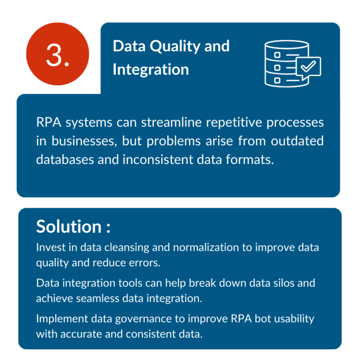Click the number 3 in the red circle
[x=55, y=55]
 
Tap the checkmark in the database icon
[x=308, y=66]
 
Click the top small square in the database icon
[x=277, y=55]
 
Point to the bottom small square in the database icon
[x=277, y=80]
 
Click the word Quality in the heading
[x=175, y=46]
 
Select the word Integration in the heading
[x=150, y=69]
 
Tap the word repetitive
[x=234, y=123]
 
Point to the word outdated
[x=297, y=141]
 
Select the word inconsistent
[x=157, y=159]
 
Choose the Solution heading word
[x=68, y=226]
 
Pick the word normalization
[x=206, y=247]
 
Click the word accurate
[x=81, y=334]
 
